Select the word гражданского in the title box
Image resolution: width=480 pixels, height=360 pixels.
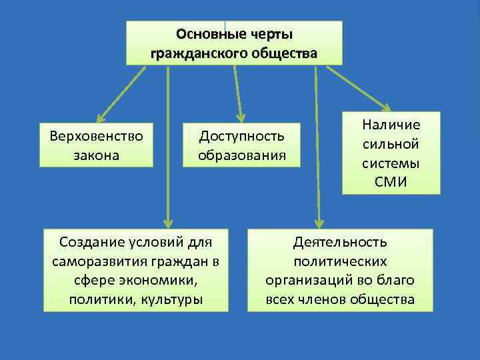tap(193, 53)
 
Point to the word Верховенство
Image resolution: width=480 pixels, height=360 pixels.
tap(97, 136)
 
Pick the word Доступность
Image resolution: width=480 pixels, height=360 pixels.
tap(241, 136)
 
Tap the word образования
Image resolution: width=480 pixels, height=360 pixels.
tap(241, 155)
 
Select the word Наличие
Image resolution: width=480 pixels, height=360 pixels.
tap(391, 125)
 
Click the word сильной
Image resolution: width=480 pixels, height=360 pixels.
tap(391, 144)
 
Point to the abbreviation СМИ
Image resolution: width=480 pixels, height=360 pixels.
tap(391, 182)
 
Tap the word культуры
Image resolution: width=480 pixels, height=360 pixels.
tap(170, 299)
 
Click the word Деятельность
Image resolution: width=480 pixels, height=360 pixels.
tap(340, 241)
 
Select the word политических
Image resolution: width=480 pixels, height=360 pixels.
tap(340, 261)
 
